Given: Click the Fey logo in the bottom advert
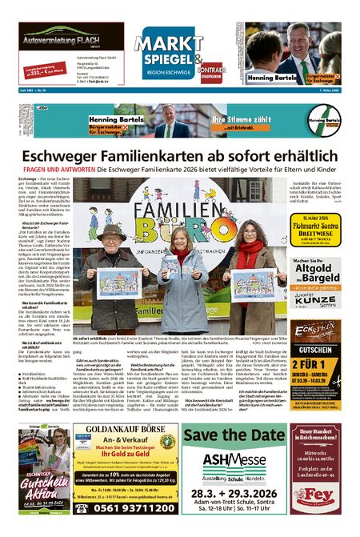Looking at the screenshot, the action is pos(316,518).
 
